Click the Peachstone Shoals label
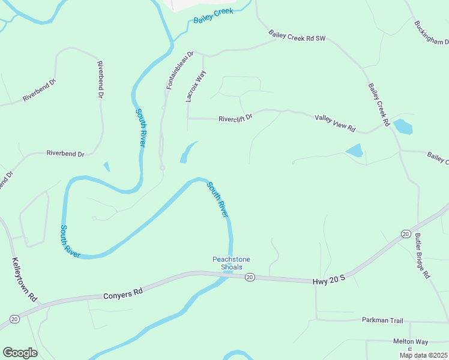(231, 263)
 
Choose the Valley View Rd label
(335, 124)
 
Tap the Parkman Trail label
(382, 320)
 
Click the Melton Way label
(411, 341)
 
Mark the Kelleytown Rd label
(25, 280)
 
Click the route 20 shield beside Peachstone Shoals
(250, 277)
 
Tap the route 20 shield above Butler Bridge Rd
(406, 233)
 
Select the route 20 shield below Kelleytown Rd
(14, 319)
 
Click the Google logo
(20, 353)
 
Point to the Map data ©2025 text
(423, 355)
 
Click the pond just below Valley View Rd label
(355, 150)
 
